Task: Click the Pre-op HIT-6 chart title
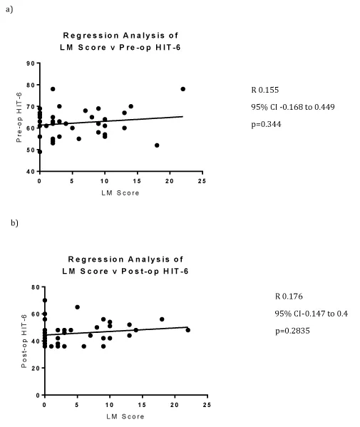pyautogui.click(x=120, y=41)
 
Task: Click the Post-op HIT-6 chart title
pyautogui.click(x=125, y=265)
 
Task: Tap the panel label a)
pyautogui.click(x=9, y=9)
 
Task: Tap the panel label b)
pyautogui.click(x=14, y=223)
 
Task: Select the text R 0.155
pyautogui.click(x=265, y=90)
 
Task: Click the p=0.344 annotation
pyautogui.click(x=266, y=125)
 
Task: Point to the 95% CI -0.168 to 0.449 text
pyautogui.click(x=293, y=107)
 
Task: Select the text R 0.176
pyautogui.click(x=289, y=297)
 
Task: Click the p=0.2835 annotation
pyautogui.click(x=292, y=331)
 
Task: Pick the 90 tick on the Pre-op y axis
pyautogui.click(x=31, y=63)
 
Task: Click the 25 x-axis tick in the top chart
pyautogui.click(x=202, y=181)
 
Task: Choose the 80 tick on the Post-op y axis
pyautogui.click(x=36, y=287)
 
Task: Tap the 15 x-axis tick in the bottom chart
pyautogui.click(x=142, y=405)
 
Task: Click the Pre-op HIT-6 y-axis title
pyautogui.click(x=19, y=118)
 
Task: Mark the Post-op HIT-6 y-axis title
pyautogui.click(x=24, y=341)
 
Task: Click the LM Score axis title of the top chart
pyautogui.click(x=120, y=193)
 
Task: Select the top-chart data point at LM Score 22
pyautogui.click(x=183, y=89)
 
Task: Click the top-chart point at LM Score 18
pyautogui.click(x=157, y=145)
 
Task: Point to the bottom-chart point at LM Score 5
pyautogui.click(x=77, y=307)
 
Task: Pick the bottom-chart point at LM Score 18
pyautogui.click(x=162, y=319)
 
